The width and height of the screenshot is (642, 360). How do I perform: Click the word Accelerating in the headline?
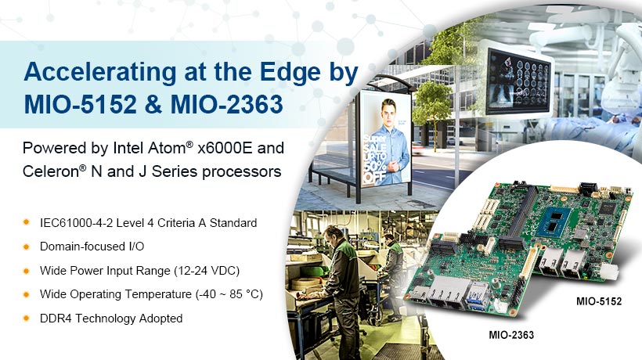pos(100,73)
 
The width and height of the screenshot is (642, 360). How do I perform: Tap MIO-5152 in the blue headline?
pos(80,104)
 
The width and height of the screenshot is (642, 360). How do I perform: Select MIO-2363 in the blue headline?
pos(227,104)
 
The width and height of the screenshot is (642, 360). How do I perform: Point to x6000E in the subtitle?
pos(225,148)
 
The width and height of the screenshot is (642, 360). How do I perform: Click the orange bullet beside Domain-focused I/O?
pos(27,247)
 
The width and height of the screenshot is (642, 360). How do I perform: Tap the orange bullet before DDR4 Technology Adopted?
pos(27,319)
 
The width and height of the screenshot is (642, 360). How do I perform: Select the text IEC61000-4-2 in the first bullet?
pos(77,223)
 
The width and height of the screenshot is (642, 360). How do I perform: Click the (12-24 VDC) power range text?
pos(207,271)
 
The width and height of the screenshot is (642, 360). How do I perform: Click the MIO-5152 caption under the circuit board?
pos(599,301)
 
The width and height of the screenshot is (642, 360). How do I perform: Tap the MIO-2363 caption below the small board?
pos(511,335)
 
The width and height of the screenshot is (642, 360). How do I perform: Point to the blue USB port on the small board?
pos(478,298)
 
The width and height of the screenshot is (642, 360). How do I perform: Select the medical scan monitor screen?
pos(518,81)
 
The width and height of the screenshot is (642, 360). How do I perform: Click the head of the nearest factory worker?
pos(331,236)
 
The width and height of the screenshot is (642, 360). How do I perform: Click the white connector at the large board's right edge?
pos(609,272)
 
